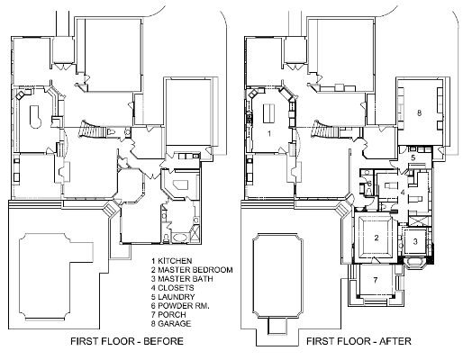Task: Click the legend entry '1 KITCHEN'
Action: (x=171, y=261)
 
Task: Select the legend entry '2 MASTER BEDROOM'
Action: (x=192, y=270)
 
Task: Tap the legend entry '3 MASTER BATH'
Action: (x=182, y=279)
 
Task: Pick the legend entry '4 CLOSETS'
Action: (x=172, y=288)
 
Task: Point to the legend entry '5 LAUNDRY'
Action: (x=173, y=297)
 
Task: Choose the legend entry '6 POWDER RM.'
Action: (x=180, y=306)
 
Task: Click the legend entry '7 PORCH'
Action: (x=168, y=315)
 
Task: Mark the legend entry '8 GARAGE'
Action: (x=171, y=324)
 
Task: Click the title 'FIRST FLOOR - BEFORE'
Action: (x=127, y=341)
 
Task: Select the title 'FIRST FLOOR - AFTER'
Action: (x=359, y=341)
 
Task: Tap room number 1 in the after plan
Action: (x=269, y=133)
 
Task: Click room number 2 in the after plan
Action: (x=377, y=238)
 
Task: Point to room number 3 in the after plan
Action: (x=415, y=241)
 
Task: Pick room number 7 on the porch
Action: (x=376, y=280)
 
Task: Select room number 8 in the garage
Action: (x=420, y=112)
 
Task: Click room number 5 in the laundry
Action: (x=413, y=157)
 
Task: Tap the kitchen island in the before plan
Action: (x=35, y=117)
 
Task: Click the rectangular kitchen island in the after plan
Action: (x=268, y=113)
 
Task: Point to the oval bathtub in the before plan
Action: (x=180, y=238)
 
